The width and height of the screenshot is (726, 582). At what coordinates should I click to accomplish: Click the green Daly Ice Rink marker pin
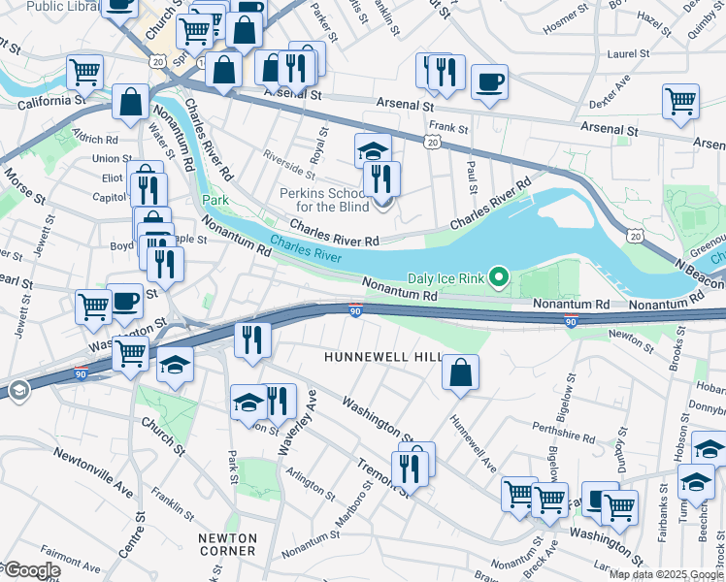pyautogui.click(x=500, y=278)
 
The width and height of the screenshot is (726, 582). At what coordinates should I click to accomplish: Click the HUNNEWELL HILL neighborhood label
pyautogui.click(x=382, y=358)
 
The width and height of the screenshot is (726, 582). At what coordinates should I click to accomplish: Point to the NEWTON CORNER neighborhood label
pyautogui.click(x=227, y=544)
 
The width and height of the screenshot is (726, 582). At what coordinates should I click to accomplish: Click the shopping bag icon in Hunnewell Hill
pyautogui.click(x=461, y=372)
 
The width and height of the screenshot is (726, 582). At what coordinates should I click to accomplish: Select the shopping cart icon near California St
pyautogui.click(x=84, y=71)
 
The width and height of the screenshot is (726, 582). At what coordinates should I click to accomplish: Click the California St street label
pyautogui.click(x=43, y=101)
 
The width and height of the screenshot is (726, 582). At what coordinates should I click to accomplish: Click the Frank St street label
pyautogui.click(x=448, y=127)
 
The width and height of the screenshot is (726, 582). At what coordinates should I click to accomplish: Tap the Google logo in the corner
pyautogui.click(x=31, y=570)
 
